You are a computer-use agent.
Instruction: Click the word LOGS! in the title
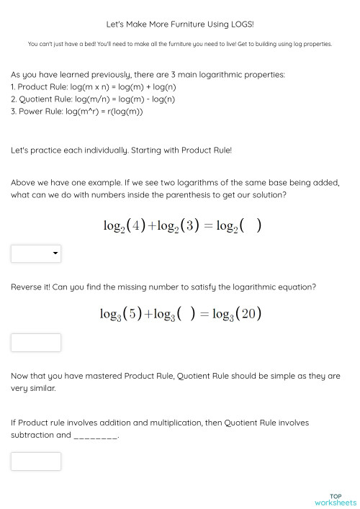pos(240,24)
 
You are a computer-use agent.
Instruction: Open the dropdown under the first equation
pos(36,253)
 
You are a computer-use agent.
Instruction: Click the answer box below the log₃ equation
pos(36,343)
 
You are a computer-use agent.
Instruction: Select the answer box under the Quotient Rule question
pos(36,461)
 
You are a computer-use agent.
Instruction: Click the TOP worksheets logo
pos(335,499)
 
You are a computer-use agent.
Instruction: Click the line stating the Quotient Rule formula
pos(93,99)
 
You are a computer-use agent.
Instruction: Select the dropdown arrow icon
pos(55,253)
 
